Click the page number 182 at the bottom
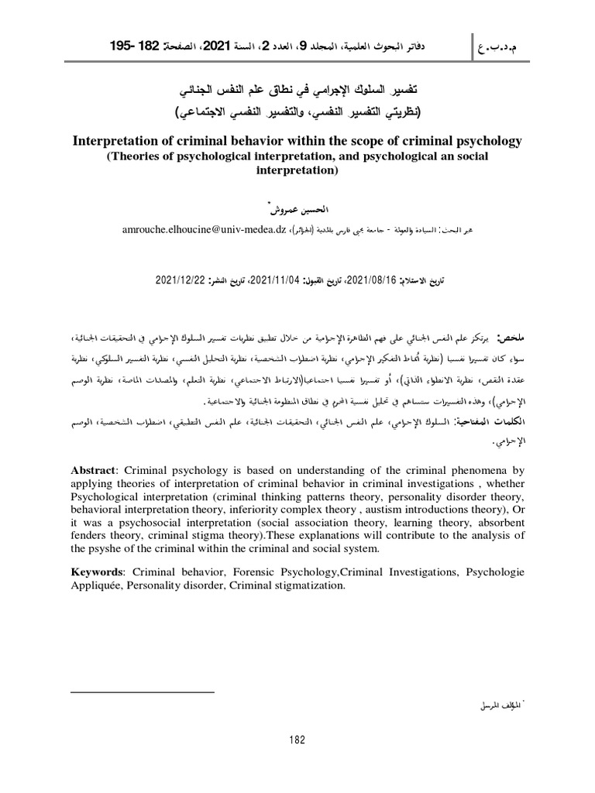[297, 740]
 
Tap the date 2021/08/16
[371, 279]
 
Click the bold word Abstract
[91, 469]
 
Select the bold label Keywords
[97, 572]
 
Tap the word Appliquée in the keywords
[101, 586]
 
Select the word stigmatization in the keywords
[304, 586]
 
